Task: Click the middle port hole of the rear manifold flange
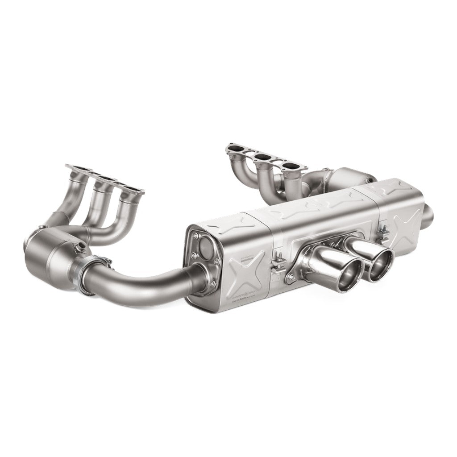point(264,157)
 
